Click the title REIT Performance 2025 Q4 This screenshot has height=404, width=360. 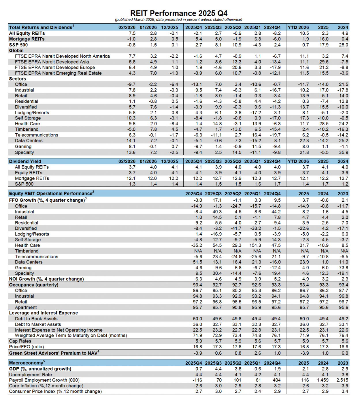click(x=179, y=13)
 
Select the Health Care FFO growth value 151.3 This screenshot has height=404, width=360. click(x=255, y=245)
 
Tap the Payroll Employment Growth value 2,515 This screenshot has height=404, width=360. click(x=342, y=380)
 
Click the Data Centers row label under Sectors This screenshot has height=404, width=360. click(x=29, y=141)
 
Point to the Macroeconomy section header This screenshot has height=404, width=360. click(x=26, y=363)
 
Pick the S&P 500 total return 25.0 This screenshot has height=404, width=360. click(x=343, y=45)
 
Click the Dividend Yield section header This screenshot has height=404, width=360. click(x=25, y=161)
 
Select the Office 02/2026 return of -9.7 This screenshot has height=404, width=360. click(x=131, y=84)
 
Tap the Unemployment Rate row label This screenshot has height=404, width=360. click(x=30, y=375)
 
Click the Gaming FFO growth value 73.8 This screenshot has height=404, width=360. click(x=343, y=268)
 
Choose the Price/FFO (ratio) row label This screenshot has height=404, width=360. click(x=27, y=347)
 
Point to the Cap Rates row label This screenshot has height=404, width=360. click(x=20, y=341)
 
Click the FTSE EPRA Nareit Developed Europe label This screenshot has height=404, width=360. click(x=55, y=67)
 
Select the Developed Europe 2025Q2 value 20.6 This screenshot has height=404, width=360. click(x=237, y=67)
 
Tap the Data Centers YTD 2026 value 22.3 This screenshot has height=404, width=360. click(x=304, y=141)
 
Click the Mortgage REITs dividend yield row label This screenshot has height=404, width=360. click(x=32, y=178)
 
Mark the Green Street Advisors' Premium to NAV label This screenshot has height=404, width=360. click(x=53, y=353)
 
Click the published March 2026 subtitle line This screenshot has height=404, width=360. click(x=179, y=20)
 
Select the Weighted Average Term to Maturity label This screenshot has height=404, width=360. click(x=71, y=335)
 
